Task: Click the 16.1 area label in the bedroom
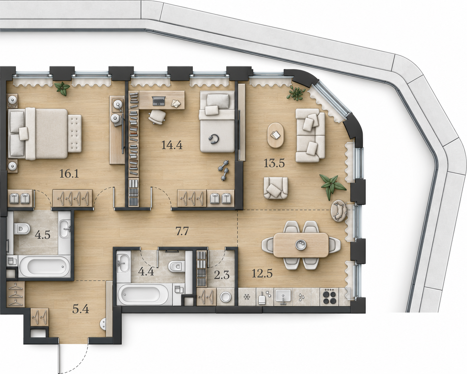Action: [x=69, y=174]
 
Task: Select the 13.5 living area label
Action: [x=274, y=163]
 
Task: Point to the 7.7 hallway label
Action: [x=182, y=232]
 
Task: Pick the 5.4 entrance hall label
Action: [x=81, y=309]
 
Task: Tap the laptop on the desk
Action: [x=159, y=101]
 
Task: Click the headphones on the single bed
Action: [x=214, y=139]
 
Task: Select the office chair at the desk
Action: [x=157, y=117]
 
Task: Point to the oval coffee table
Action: [x=276, y=135]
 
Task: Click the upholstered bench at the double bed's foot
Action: [x=75, y=133]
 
